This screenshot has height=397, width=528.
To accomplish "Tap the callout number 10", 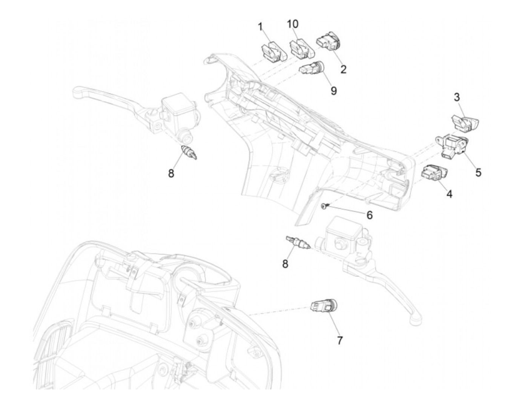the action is point(292,24).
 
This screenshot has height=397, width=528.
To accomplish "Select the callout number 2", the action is point(343,69).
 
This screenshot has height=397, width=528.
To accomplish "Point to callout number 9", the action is point(333,91).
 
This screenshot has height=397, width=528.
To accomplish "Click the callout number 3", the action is point(457,97).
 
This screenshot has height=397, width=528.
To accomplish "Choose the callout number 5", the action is point(478,172).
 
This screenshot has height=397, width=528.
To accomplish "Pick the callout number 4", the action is point(449,194).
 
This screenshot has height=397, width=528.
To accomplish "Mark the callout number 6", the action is point(370,215).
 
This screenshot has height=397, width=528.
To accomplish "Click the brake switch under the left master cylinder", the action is point(190,152).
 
